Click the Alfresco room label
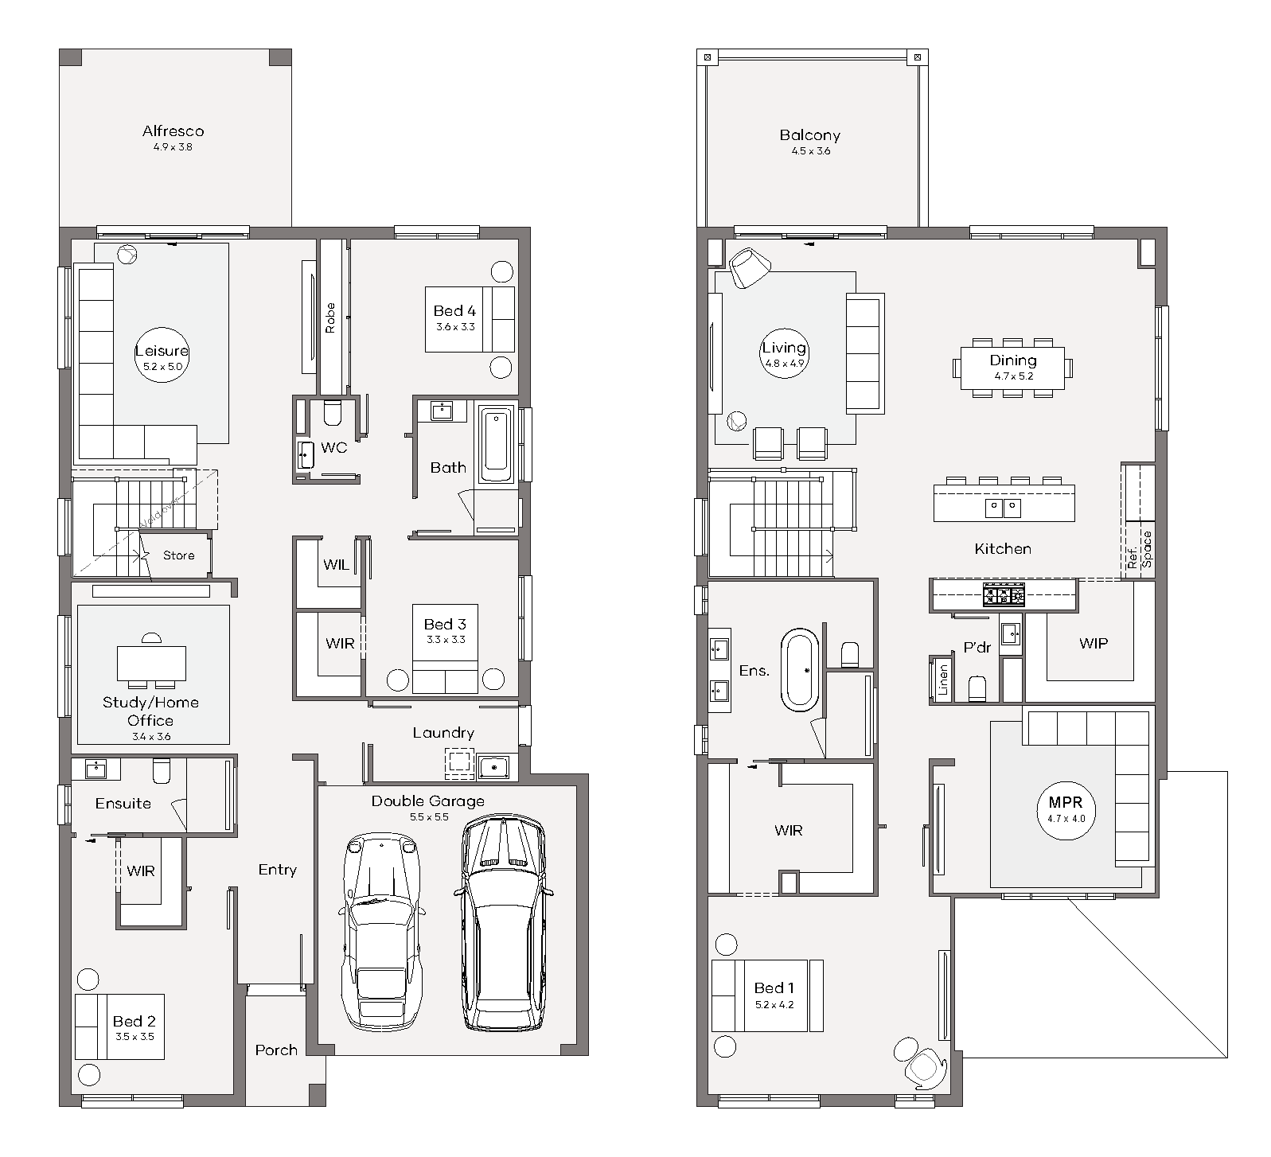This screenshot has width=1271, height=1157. click(173, 131)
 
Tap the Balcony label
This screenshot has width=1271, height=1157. click(809, 135)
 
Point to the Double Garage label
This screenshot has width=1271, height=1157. click(427, 801)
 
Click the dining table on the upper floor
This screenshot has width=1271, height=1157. click(1012, 368)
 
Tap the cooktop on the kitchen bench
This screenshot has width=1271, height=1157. click(1004, 594)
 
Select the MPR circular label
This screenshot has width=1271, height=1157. click(1066, 809)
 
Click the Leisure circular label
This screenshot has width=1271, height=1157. click(162, 355)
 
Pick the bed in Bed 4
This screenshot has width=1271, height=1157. click(470, 319)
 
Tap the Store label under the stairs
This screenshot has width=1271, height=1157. click(178, 555)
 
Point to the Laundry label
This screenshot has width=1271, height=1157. click(443, 733)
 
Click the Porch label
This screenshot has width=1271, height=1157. click(276, 1050)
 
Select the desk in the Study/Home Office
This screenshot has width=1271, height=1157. click(152, 664)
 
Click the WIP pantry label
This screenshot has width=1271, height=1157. click(1094, 643)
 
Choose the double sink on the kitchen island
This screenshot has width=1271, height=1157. click(1003, 507)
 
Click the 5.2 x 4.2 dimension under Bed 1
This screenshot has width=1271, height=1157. click(774, 1005)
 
